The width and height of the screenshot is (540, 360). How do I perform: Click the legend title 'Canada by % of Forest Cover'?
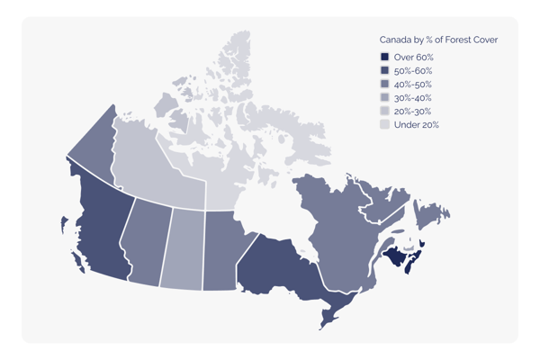437,40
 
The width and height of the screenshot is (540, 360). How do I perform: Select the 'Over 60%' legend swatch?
384,58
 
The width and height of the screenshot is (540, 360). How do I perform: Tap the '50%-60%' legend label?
413,71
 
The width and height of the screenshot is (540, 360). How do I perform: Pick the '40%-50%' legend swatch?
384,85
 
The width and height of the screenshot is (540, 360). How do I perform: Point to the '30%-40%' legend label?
413,98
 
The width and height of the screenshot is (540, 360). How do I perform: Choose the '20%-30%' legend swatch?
384,112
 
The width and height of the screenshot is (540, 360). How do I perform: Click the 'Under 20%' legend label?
416,125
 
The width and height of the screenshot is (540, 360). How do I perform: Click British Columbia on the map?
103,225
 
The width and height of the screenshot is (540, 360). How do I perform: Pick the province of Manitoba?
220,247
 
